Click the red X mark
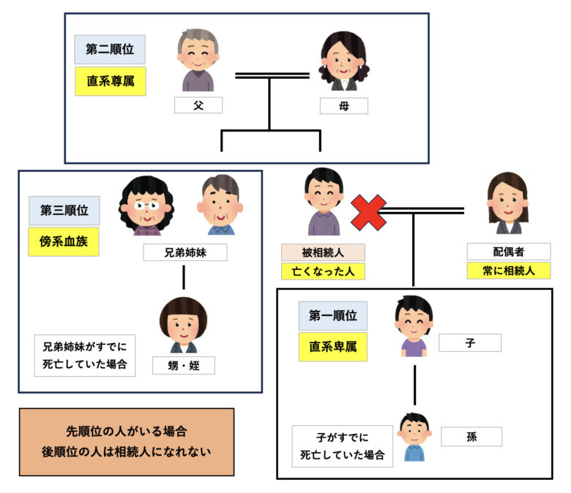pyautogui.click(x=368, y=212)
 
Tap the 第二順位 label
pyautogui.click(x=110, y=50)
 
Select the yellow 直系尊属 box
pyautogui.click(x=111, y=81)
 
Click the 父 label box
pyautogui.click(x=198, y=105)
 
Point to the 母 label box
pyautogui.click(x=344, y=106)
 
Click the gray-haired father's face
pyautogui.click(x=198, y=54)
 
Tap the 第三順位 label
pyautogui.click(x=64, y=211)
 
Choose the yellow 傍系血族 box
pyautogui.click(x=64, y=241)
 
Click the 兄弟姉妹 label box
pyautogui.click(x=185, y=252)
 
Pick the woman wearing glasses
pyautogui.click(x=146, y=206)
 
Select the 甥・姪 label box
pyautogui.click(x=184, y=365)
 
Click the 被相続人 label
pyautogui.click(x=323, y=252)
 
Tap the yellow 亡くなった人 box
pyautogui.click(x=323, y=271)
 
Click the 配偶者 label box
pyautogui.click(x=509, y=252)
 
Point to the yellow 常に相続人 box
pyautogui.click(x=509, y=271)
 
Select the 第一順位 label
pyautogui.click(x=333, y=315)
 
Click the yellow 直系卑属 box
pyautogui.click(x=333, y=347)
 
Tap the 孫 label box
pyautogui.click(x=471, y=437)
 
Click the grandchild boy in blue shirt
pyautogui.click(x=414, y=437)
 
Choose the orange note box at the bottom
pyautogui.click(x=127, y=442)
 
